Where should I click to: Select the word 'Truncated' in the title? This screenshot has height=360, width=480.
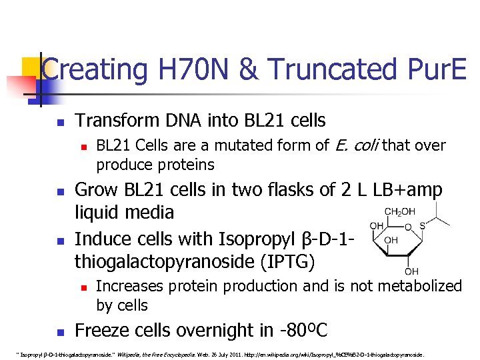click(x=331, y=69)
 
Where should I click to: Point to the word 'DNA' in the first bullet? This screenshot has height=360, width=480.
click(x=179, y=121)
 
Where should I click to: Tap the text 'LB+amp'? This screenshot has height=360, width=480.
click(x=407, y=190)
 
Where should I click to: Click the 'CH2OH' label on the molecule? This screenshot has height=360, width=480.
click(x=399, y=213)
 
